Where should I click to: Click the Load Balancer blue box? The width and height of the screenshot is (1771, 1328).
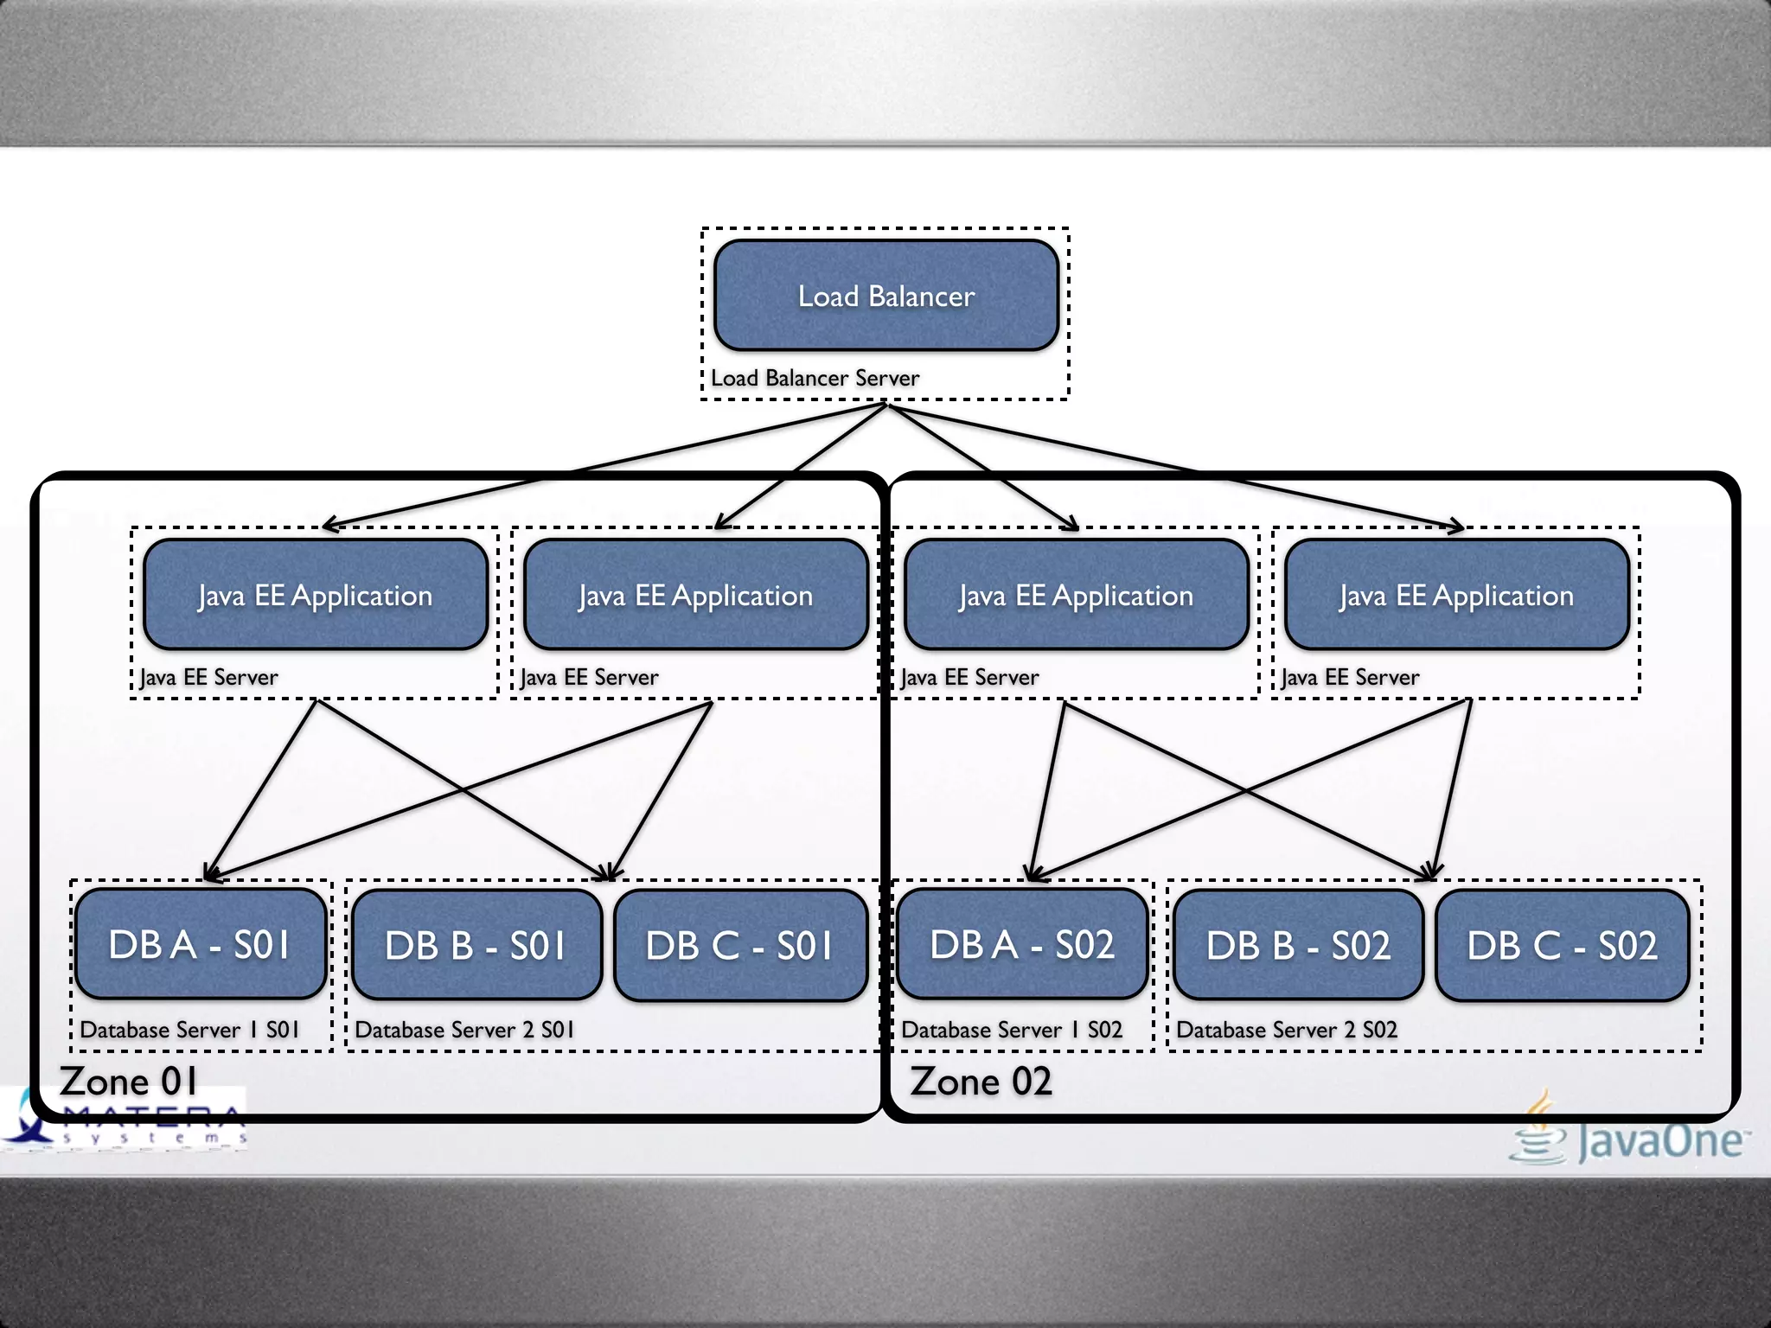(886, 296)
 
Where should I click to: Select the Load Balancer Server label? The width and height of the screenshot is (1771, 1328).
(815, 378)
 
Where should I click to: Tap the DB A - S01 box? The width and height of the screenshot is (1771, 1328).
(200, 944)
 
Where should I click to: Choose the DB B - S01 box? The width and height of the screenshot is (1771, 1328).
(476, 945)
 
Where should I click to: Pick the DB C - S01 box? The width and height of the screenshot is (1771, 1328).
(740, 945)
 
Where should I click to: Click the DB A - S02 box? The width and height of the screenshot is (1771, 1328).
(1022, 944)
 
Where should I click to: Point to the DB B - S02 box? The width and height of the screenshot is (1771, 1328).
(1298, 945)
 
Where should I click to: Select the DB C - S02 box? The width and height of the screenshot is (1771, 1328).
(1562, 945)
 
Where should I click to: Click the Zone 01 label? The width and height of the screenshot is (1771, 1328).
(128, 1082)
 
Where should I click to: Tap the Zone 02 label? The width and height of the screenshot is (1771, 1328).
(981, 1082)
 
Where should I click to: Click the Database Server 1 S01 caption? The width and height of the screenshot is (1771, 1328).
(189, 1030)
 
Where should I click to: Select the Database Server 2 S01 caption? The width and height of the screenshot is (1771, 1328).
(464, 1030)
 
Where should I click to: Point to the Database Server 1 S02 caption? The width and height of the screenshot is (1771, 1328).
(1012, 1030)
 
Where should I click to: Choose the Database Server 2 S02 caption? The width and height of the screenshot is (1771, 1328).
(1287, 1030)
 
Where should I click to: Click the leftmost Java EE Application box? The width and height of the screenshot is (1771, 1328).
(316, 595)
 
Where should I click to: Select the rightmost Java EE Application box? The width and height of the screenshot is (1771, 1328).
(1457, 595)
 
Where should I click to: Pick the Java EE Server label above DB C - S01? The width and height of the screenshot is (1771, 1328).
(590, 677)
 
